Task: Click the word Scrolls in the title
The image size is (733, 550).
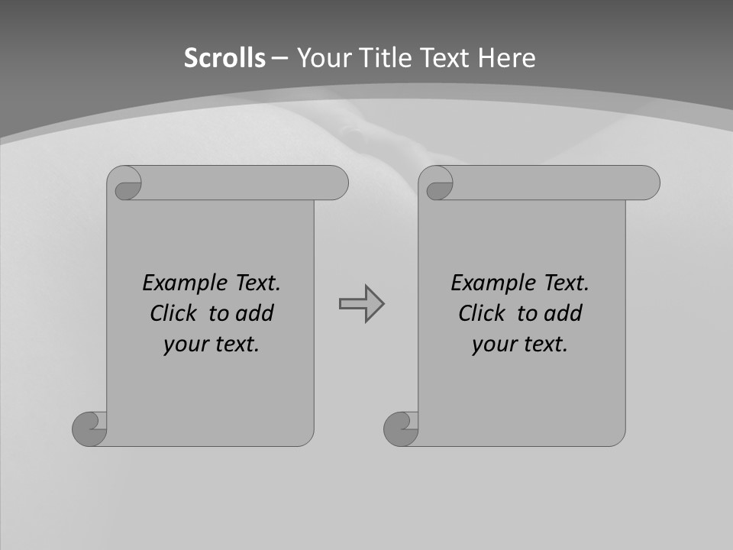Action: click(224, 58)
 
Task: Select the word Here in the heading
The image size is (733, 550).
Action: click(506, 58)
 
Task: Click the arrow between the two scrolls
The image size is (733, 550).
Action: click(361, 303)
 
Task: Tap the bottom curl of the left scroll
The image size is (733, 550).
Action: click(89, 428)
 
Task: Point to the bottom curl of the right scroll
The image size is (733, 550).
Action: click(400, 428)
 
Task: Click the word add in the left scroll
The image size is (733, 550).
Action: click(255, 313)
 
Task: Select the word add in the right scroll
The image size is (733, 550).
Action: click(563, 313)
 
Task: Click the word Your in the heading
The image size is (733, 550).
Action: click(323, 58)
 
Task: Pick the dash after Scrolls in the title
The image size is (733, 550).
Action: click(279, 58)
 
